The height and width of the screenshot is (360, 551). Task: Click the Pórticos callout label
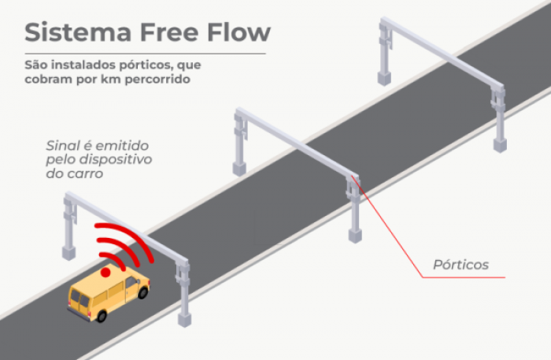pyautogui.click(x=461, y=265)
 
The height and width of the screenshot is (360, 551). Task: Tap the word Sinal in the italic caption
pyautogui.click(x=64, y=146)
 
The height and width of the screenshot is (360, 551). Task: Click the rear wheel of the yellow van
pyautogui.click(x=102, y=315)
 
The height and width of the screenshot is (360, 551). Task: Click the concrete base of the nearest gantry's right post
pyautogui.click(x=184, y=320)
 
